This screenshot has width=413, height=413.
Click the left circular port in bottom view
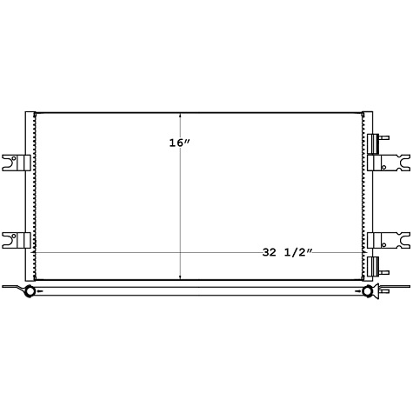[x=29, y=290]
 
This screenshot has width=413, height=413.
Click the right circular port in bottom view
[x=368, y=290]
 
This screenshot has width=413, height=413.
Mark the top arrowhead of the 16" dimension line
[x=180, y=114]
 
